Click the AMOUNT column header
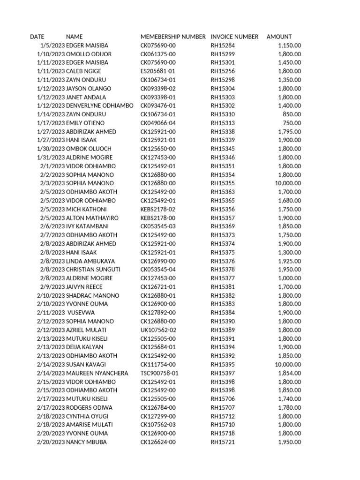pos(279,37)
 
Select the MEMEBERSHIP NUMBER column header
pos(173,37)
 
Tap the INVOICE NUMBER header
pos(234,37)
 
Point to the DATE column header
pos(37,37)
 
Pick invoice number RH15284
pos(223,45)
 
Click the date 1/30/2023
pos(51,149)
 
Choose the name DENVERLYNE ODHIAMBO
pos(100,105)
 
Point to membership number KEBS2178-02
pos(158,209)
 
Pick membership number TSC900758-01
pos(159,373)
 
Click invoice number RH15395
pos(223,364)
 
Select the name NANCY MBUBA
pos(86,442)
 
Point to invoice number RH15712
pos(223,416)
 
